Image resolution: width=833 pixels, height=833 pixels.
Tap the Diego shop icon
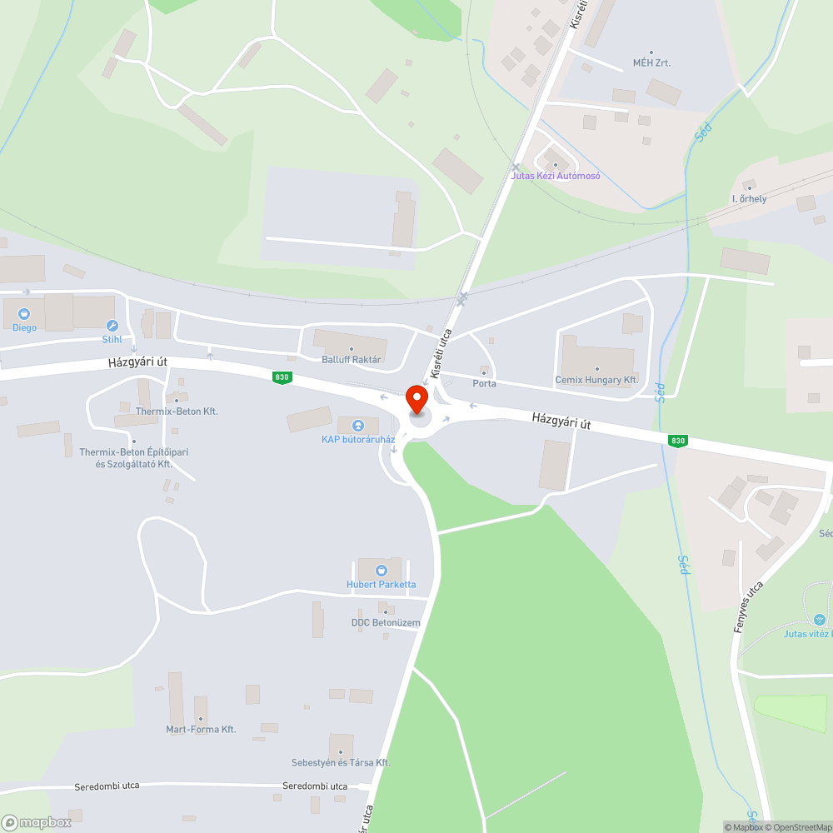(x=24, y=314)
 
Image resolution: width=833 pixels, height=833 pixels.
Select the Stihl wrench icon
(x=112, y=326)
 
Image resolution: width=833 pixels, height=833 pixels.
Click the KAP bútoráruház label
(x=358, y=439)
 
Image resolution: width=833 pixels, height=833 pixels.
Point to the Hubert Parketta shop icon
(x=382, y=571)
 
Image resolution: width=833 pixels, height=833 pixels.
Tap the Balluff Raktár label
(x=352, y=360)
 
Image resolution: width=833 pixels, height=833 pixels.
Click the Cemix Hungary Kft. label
(x=596, y=380)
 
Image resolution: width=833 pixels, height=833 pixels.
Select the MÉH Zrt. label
(x=651, y=62)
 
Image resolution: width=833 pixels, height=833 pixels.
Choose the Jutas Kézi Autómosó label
(x=556, y=176)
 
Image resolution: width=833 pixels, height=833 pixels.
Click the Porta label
(x=484, y=384)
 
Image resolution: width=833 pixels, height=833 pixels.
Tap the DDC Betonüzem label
(x=386, y=622)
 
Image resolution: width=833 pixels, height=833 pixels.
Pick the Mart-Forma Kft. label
(x=201, y=729)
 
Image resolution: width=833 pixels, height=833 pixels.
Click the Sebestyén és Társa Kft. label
(x=341, y=762)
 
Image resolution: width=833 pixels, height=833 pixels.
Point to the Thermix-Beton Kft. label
(x=177, y=412)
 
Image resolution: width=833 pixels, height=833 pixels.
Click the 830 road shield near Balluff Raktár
(x=282, y=377)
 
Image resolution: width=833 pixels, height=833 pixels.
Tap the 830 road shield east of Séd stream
(x=676, y=441)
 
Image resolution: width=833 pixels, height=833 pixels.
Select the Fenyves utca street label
(x=748, y=607)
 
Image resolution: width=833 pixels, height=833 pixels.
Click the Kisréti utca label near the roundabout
(x=441, y=354)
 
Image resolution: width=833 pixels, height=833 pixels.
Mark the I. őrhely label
(x=749, y=199)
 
